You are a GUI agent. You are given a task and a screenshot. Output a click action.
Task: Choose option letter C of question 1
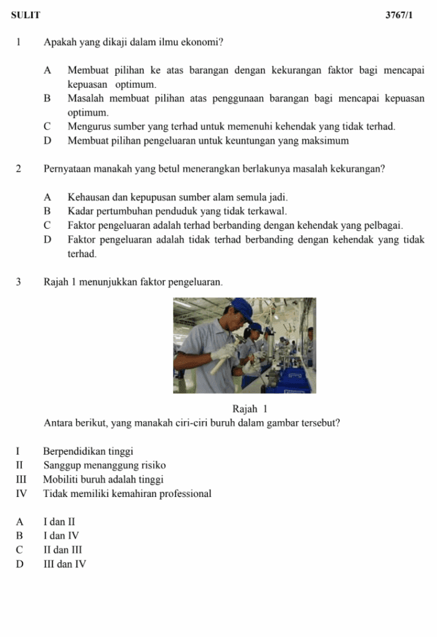(47, 126)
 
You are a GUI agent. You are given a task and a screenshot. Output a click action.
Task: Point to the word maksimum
(326, 141)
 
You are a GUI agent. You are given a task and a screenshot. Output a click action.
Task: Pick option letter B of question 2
(47, 212)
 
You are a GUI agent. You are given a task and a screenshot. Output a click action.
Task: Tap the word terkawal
(268, 212)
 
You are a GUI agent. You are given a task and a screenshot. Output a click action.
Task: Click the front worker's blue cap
(240, 307)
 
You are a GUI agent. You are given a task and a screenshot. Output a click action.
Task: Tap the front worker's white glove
(223, 352)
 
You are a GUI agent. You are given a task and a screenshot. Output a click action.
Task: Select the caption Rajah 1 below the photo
(249, 409)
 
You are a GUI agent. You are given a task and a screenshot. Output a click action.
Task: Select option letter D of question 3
(20, 564)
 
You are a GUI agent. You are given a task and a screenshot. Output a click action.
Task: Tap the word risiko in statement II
(153, 465)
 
